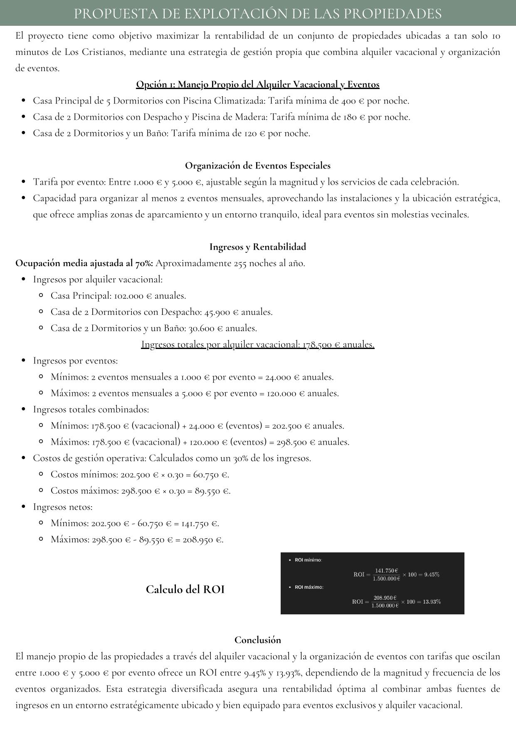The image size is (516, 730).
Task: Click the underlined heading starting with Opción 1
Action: pos(257,84)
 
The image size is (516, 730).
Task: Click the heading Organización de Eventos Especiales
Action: pos(257,166)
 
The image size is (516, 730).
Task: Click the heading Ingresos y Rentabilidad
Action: pos(257,247)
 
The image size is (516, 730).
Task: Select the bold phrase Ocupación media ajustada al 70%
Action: pos(84,263)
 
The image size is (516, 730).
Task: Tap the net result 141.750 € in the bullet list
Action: pos(200,523)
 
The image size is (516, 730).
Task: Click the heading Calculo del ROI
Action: pos(185,589)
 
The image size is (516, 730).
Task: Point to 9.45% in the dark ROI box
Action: pos(432,574)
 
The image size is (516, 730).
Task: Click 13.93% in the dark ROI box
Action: pos(432,601)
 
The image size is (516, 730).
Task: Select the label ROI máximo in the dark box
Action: pos(309,587)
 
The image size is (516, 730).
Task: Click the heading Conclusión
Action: pos(257,640)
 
